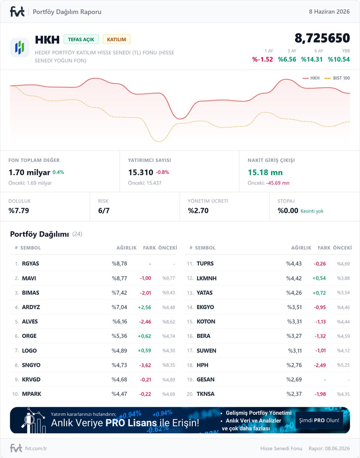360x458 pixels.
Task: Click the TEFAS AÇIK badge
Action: point(81,39)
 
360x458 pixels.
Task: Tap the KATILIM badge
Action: point(116,39)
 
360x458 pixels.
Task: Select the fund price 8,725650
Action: point(322,38)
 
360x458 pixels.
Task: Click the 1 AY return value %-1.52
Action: point(262,59)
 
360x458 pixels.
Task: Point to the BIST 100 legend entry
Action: point(337,78)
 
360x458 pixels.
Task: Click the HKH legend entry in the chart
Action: point(311,78)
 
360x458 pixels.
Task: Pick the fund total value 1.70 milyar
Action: point(29,173)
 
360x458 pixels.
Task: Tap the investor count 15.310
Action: point(140,173)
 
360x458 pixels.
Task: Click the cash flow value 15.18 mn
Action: point(265,173)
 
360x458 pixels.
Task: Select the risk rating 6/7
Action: point(104,211)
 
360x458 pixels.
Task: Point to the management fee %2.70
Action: point(198,211)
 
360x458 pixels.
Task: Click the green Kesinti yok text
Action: point(312,211)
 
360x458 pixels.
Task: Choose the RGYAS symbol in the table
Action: point(31,263)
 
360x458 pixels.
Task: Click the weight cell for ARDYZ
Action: point(119,307)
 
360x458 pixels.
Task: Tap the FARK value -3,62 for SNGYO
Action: point(145,365)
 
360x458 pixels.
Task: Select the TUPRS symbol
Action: point(205,263)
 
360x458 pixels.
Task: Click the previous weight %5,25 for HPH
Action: point(343,365)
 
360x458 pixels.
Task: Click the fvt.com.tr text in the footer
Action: point(36,448)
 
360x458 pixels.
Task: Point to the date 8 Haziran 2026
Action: point(329,11)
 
